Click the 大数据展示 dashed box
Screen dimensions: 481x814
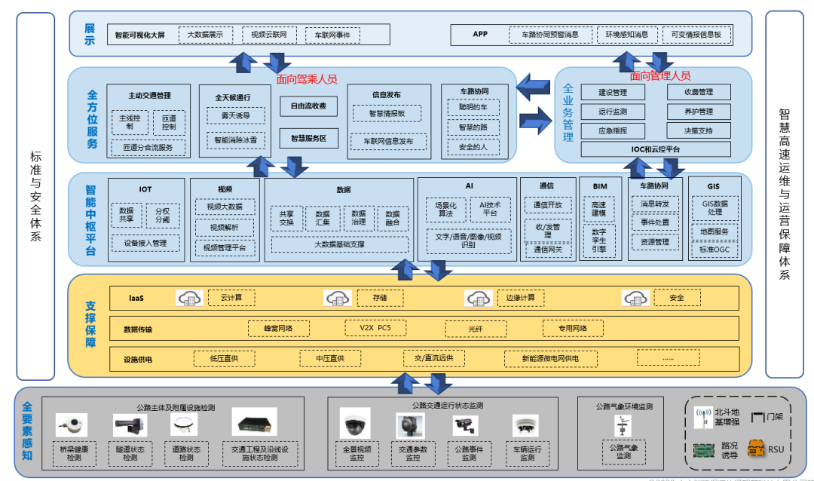[x=205, y=35]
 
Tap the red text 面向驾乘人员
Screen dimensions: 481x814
[x=307, y=78]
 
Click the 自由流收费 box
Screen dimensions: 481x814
[x=308, y=106]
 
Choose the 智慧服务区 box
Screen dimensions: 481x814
[x=308, y=139]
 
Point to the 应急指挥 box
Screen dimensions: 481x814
[x=613, y=130]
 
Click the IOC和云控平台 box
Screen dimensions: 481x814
[x=655, y=149]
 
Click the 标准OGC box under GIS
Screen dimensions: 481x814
[x=714, y=250]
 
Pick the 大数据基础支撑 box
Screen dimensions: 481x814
[x=339, y=244]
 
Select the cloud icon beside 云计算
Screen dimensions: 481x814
[x=189, y=299]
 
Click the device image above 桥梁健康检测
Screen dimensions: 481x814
[x=72, y=425]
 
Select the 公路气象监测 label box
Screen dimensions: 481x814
[x=623, y=452]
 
